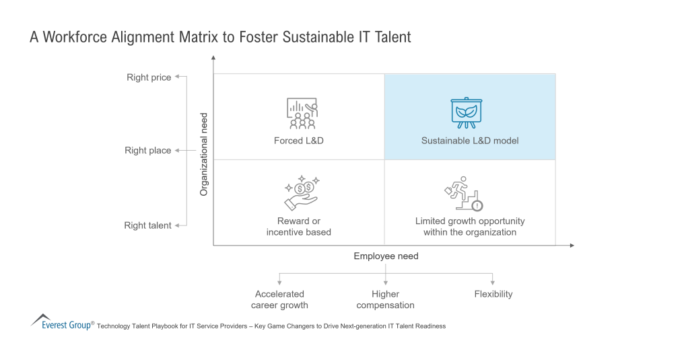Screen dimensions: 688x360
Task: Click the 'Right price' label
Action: click(x=149, y=77)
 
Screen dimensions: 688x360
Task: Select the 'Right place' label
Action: click(x=148, y=151)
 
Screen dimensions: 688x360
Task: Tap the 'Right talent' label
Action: click(x=147, y=225)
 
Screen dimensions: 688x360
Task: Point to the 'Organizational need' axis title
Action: click(x=203, y=154)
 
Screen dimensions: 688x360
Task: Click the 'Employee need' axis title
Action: click(x=386, y=256)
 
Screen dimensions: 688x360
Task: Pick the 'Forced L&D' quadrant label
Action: click(x=299, y=141)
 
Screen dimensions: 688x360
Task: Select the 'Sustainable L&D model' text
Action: click(x=470, y=141)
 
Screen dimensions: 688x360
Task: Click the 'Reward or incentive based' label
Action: click(x=299, y=227)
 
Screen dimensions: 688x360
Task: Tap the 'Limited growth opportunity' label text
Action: click(x=470, y=221)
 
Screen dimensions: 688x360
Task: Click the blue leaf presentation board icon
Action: click(x=467, y=112)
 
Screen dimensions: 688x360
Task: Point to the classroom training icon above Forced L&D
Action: click(x=302, y=113)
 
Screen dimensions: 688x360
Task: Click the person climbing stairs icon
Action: click(x=464, y=194)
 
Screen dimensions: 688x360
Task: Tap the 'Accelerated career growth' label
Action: click(x=279, y=299)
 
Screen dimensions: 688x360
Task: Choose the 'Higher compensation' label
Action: click(x=385, y=299)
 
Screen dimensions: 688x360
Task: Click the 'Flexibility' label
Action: click(x=493, y=294)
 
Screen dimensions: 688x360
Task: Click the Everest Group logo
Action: click(x=62, y=322)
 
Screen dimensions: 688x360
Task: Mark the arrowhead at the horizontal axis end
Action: click(x=572, y=246)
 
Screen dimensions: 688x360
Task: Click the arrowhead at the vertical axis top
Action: click(x=213, y=57)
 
